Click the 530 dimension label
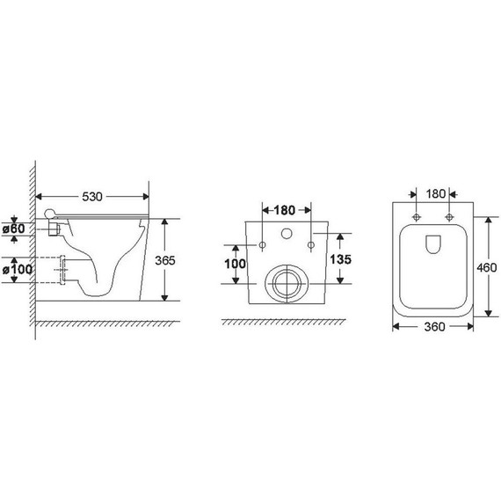(x=92, y=197)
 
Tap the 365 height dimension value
(x=165, y=260)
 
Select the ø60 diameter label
(x=14, y=229)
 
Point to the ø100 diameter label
(x=18, y=269)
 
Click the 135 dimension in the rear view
(x=341, y=259)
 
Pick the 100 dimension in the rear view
(x=235, y=264)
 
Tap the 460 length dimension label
(x=487, y=267)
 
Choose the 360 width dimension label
(x=434, y=327)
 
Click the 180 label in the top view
(x=436, y=193)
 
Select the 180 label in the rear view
(x=285, y=210)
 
